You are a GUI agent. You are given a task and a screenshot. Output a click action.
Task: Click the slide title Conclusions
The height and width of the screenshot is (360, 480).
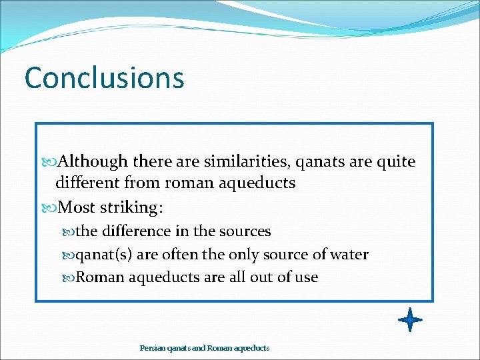point(104,78)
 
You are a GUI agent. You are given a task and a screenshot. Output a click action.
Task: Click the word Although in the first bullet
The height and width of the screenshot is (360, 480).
point(93,162)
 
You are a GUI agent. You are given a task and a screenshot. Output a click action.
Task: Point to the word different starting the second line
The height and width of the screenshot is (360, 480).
point(86,183)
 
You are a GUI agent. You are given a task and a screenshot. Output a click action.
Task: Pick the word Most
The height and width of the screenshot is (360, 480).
point(77,207)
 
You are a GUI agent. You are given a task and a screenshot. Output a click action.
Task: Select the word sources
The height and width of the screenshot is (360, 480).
point(245,231)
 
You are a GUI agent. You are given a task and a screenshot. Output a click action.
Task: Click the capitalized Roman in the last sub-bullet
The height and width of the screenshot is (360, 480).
point(100,277)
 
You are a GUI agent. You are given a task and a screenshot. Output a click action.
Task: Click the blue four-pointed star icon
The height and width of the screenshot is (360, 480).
point(410,320)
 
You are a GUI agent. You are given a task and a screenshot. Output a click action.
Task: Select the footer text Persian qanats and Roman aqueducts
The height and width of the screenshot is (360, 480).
point(205,348)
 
